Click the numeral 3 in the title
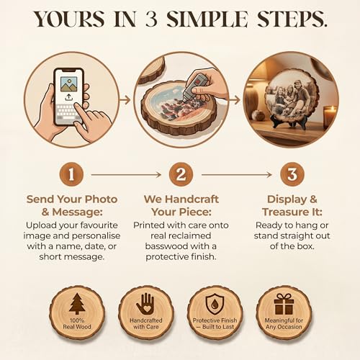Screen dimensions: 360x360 151,19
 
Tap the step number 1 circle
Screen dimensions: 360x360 71,174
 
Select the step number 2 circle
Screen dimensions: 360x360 181,174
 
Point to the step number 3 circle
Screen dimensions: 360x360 292,174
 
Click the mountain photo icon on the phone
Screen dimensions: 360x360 69,84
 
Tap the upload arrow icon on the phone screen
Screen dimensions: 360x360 69,97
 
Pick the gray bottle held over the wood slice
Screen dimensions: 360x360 194,88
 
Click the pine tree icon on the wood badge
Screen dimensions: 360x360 77,304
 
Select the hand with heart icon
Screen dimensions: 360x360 145,304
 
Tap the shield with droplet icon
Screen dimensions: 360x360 215,304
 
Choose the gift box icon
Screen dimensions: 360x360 284,304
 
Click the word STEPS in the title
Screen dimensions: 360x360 292,19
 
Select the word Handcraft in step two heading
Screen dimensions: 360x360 192,199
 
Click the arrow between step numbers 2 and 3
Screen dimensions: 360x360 237,175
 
